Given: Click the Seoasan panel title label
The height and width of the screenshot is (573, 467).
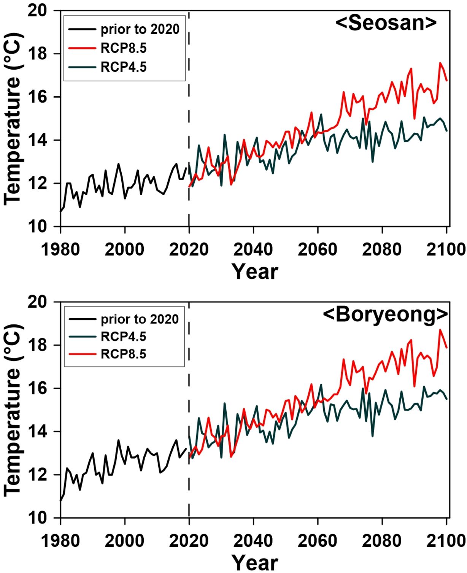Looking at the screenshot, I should pos(386,23).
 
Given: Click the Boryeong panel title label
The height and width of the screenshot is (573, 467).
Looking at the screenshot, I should pos(385,314).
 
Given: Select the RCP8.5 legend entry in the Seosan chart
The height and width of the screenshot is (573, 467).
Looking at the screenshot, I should pos(123,48).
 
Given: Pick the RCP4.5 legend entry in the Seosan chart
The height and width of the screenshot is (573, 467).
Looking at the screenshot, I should pos(123,67).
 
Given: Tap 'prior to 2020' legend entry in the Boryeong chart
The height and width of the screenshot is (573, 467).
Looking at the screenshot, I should pos(139,319).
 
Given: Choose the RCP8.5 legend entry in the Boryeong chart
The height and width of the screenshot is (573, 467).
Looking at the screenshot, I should pos(123,354).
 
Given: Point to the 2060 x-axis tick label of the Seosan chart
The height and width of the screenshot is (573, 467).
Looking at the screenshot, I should pos(318,249).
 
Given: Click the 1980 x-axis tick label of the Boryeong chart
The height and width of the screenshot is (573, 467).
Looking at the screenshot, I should pos(60,541).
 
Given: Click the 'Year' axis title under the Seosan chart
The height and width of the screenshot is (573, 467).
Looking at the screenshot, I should pos(255,271).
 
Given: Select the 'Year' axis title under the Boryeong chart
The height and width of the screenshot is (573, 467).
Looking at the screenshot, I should pos(255,562).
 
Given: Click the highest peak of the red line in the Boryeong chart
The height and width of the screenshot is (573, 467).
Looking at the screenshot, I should pos(440,330).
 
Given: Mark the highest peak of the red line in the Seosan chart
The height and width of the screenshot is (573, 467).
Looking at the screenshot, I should pos(440,63).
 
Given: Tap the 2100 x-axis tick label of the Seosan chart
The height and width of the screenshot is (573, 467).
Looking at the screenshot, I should pos(446,249).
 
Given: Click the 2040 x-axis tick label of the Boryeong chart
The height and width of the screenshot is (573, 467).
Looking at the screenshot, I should pos(253,541).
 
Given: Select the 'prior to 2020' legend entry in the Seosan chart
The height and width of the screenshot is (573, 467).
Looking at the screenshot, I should pos(139,29).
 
